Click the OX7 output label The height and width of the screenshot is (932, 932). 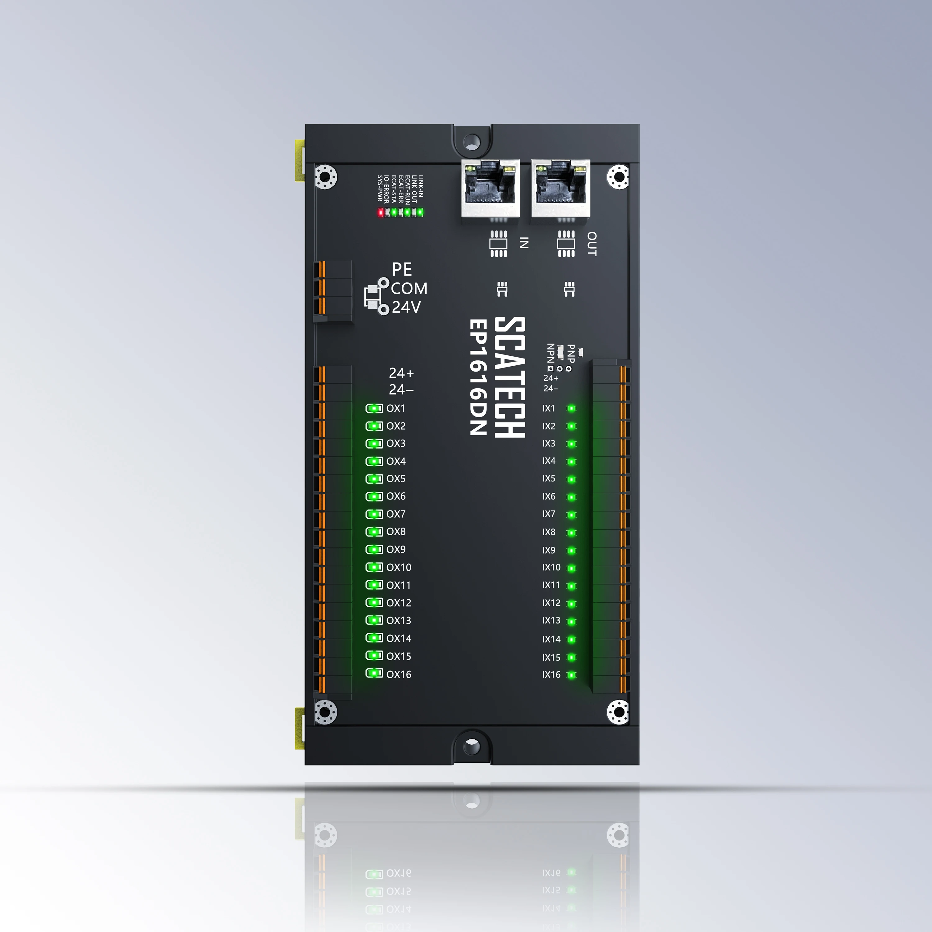[x=395, y=514]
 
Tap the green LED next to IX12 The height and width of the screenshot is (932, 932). [x=572, y=604]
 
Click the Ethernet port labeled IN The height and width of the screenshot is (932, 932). [x=491, y=189]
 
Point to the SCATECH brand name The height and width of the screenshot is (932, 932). [x=510, y=377]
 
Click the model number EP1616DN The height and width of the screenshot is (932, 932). [x=478, y=377]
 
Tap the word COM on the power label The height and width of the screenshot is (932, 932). [x=409, y=289]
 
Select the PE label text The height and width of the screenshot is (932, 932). [x=402, y=269]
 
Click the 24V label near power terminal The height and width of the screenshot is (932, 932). [x=406, y=307]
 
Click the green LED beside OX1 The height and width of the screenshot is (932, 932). [x=374, y=409]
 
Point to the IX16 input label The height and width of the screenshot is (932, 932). [x=551, y=675]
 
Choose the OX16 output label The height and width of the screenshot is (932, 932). [x=399, y=675]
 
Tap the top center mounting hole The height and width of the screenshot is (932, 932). [x=472, y=142]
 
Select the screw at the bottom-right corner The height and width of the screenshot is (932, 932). [x=618, y=712]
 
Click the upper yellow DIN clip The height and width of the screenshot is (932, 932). [x=299, y=161]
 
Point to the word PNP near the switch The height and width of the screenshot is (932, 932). [x=571, y=354]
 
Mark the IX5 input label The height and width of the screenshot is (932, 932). [x=549, y=478]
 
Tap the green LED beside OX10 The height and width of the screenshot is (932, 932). [x=374, y=567]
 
